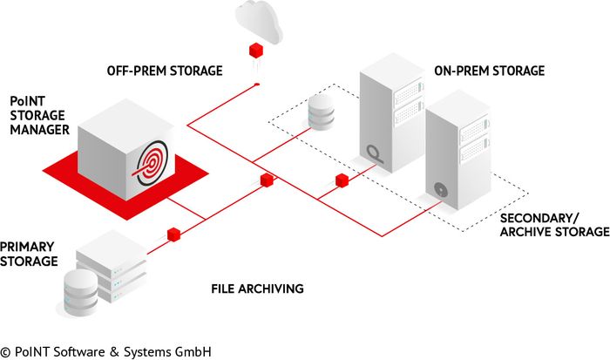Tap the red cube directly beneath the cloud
pyautogui.click(x=256, y=48)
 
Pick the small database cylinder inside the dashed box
pyautogui.click(x=322, y=112)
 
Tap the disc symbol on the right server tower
pyautogui.click(x=441, y=187)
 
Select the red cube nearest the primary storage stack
pyautogui.click(x=173, y=234)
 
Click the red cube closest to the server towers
pyautogui.click(x=342, y=180)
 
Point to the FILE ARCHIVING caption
pyautogui.click(x=257, y=287)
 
